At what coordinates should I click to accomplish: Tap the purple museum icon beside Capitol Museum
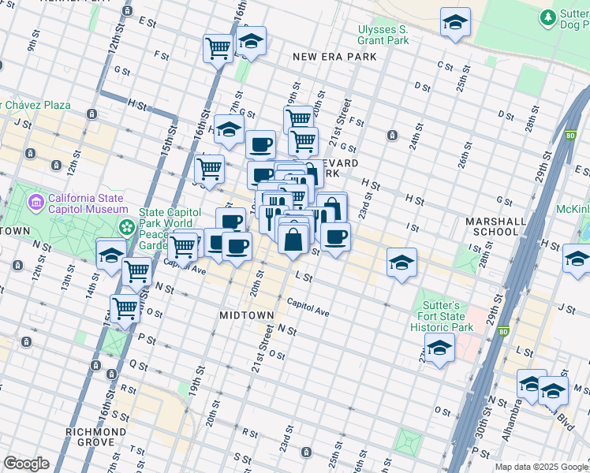pos(35,203)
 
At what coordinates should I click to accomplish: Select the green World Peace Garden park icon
pos(127,227)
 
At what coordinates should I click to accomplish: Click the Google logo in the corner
pos(26,464)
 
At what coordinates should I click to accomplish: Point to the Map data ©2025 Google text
pos(540,467)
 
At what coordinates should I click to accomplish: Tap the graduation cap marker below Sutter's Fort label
pos(439,348)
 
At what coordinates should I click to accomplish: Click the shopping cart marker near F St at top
pos(218,47)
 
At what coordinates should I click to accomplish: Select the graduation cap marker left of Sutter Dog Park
pos(455,23)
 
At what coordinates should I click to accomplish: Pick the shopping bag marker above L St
pos(293,240)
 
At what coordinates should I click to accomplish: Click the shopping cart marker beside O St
pos(125,308)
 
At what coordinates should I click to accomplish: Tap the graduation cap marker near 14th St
pos(111,255)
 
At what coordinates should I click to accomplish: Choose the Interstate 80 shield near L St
pos(503,332)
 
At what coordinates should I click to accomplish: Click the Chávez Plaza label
pos(35,105)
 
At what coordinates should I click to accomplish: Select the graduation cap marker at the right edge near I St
pos(577,259)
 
